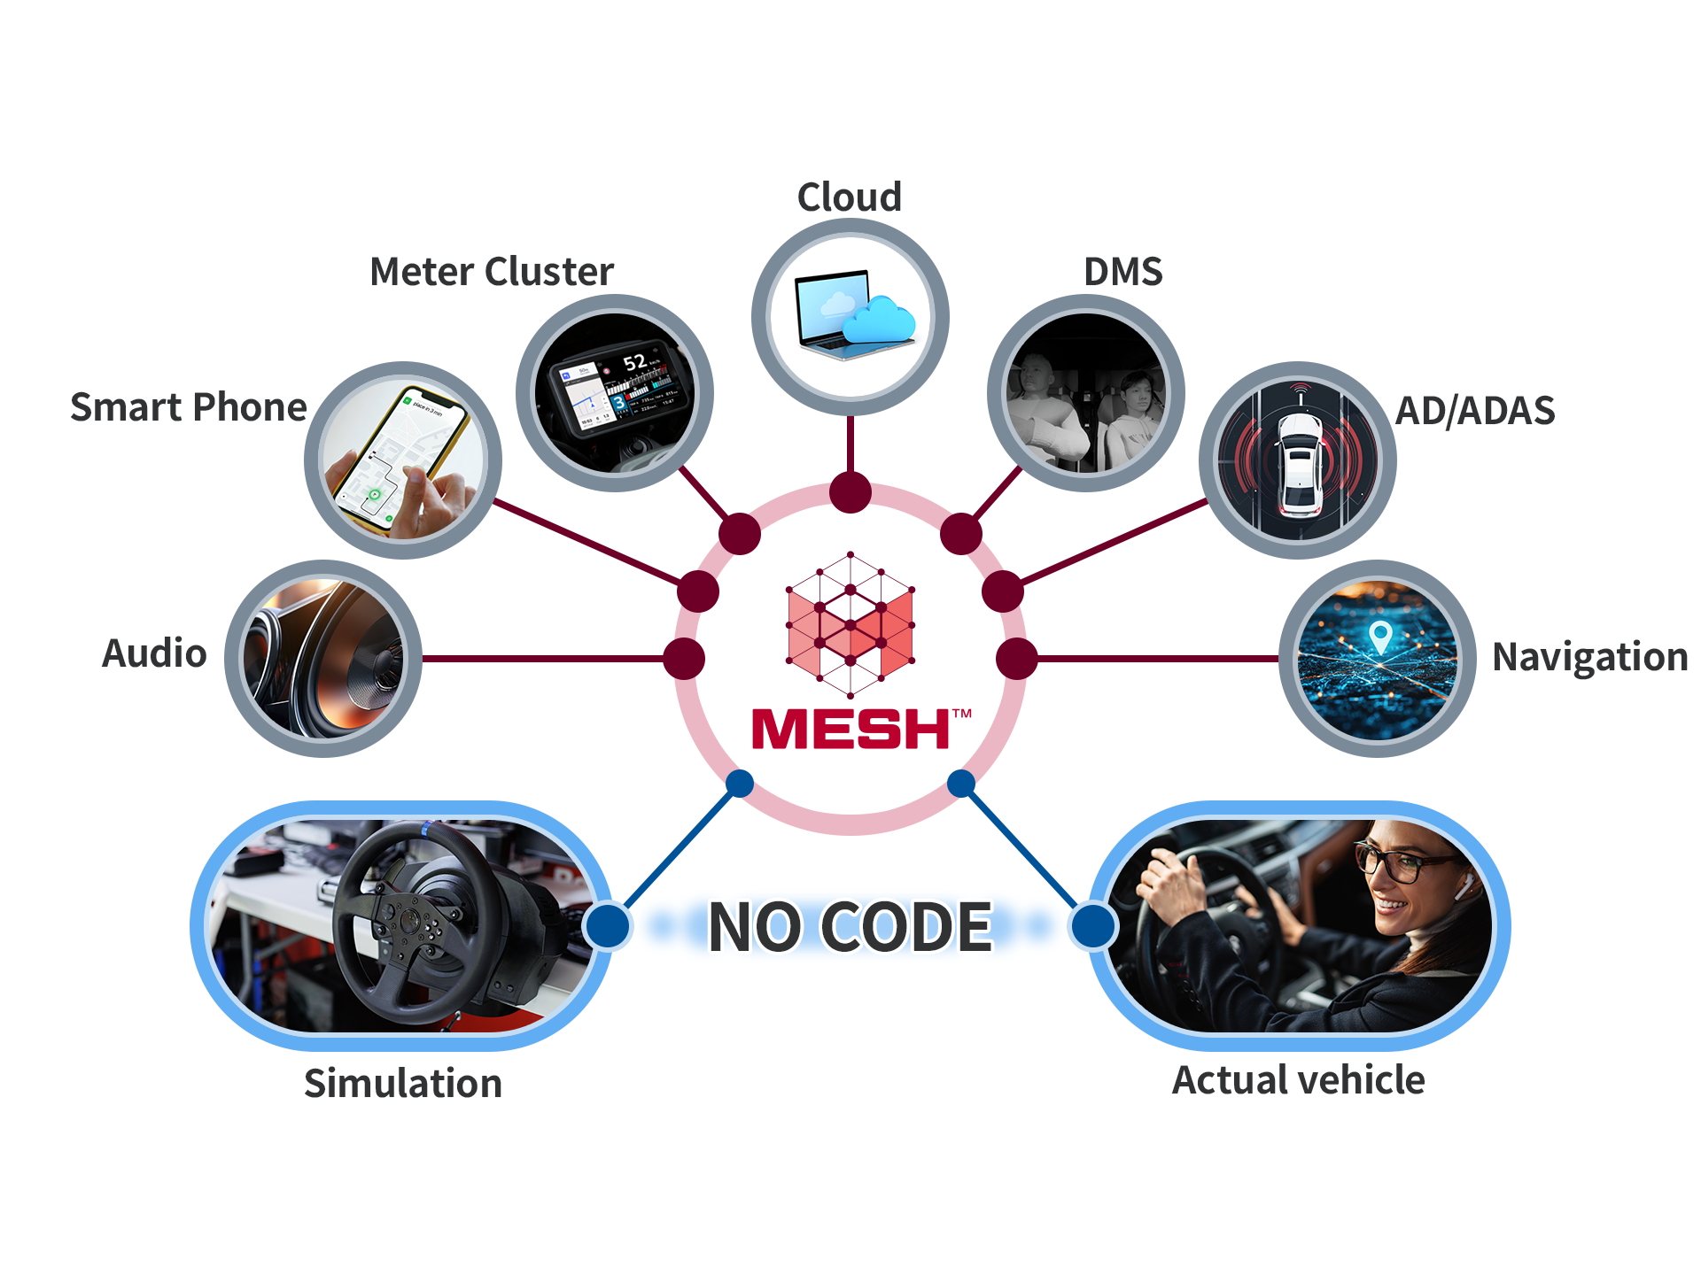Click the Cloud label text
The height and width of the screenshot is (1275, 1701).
click(x=850, y=197)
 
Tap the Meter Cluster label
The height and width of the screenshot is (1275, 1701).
click(x=492, y=271)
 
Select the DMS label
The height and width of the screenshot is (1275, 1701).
click(x=1123, y=271)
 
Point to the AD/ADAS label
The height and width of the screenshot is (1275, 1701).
click(x=1475, y=411)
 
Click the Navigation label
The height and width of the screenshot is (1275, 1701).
click(x=1590, y=657)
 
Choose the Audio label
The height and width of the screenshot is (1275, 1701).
click(x=154, y=653)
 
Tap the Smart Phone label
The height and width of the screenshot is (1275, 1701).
click(x=189, y=407)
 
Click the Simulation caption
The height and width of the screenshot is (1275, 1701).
click(x=403, y=1083)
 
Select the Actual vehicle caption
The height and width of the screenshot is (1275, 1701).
click(x=1299, y=1080)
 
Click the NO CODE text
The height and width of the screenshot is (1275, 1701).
click(x=850, y=927)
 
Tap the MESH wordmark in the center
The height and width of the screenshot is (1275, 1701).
click(x=850, y=729)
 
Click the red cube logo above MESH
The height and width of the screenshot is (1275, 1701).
click(x=850, y=625)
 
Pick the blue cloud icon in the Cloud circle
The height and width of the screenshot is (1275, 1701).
click(x=878, y=320)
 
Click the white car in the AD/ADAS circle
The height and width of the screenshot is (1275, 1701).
click(x=1299, y=465)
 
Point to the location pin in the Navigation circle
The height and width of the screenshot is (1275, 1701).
click(x=1380, y=636)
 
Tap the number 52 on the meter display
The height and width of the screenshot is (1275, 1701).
click(x=634, y=362)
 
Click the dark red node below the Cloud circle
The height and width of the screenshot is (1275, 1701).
click(x=850, y=492)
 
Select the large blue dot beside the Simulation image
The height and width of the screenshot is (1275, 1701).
click(x=608, y=926)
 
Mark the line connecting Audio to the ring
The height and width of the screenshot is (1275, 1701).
click(x=543, y=659)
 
